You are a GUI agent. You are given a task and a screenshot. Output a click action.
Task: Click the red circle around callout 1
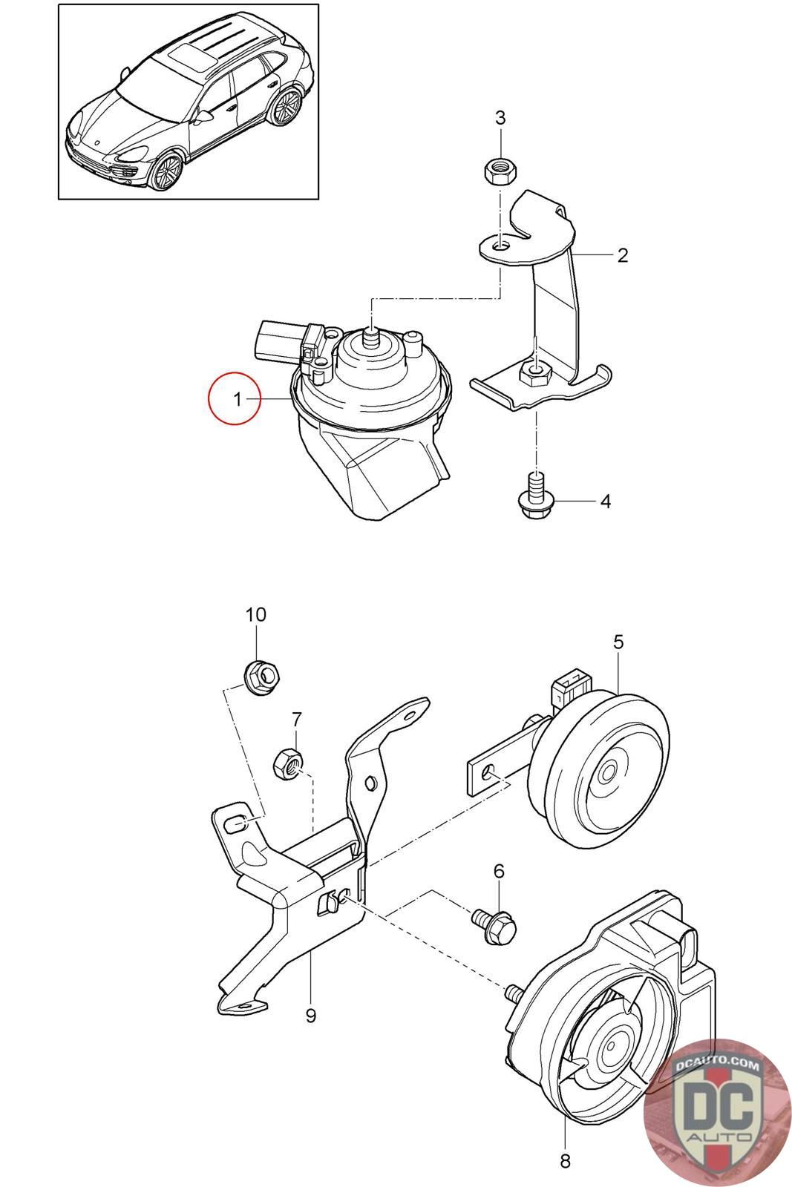click(235, 399)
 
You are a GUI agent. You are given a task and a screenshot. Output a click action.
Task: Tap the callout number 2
click(623, 255)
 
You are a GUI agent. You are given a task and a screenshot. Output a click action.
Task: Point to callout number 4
click(605, 502)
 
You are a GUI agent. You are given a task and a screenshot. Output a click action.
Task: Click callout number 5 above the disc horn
click(618, 642)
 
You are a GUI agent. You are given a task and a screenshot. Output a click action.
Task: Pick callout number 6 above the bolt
click(499, 871)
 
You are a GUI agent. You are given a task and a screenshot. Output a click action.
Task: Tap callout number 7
click(297, 719)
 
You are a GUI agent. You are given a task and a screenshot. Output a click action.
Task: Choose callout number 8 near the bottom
click(564, 1160)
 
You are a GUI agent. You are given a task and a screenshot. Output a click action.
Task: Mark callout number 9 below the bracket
click(310, 1015)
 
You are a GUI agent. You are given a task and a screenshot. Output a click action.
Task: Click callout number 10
click(255, 614)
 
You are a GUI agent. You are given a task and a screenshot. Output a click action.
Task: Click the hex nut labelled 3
click(501, 172)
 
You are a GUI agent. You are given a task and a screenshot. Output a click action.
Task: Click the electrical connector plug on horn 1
click(276, 338)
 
